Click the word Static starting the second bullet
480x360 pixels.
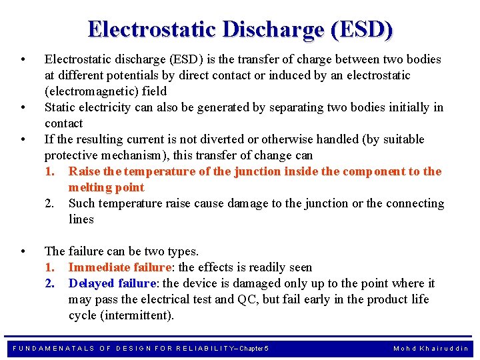[60, 107]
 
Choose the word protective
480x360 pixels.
[73, 155]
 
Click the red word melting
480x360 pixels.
[88, 187]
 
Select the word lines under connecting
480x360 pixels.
[81, 219]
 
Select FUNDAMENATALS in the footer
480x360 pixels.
[54, 348]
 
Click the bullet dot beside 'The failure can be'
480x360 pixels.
[23, 251]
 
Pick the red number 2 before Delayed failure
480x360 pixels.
[49, 283]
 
